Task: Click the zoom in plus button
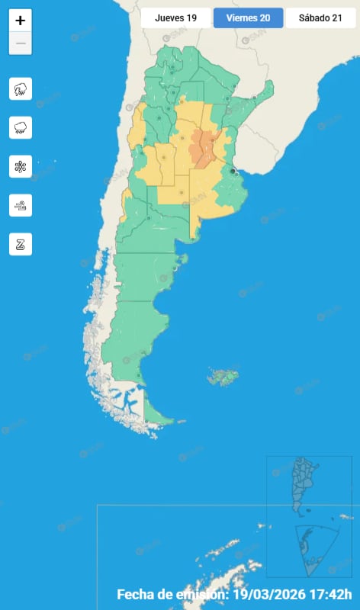(21, 21)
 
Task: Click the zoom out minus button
(21, 43)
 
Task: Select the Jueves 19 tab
(175, 18)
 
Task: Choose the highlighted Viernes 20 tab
(248, 18)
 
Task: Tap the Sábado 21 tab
(320, 18)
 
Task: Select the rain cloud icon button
(21, 127)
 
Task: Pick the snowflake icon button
(21, 166)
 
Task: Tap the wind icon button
(21, 205)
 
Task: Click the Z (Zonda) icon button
(21, 244)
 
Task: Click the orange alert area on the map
(204, 147)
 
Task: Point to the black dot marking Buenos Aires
(233, 172)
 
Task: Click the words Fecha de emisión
(172, 595)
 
